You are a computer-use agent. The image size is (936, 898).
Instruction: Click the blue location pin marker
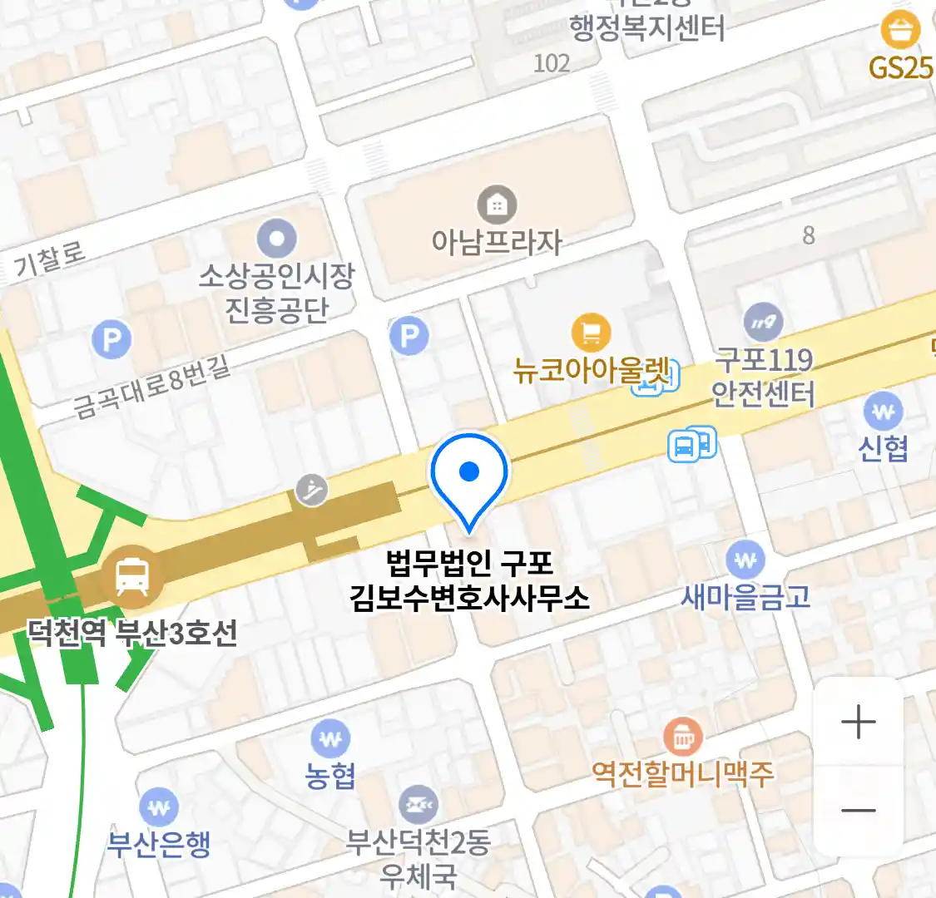[469, 474]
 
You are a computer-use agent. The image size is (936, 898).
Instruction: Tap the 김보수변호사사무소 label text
[469, 597]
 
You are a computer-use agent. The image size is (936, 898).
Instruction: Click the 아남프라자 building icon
[497, 205]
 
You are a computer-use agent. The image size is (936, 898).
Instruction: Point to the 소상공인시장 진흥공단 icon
[276, 239]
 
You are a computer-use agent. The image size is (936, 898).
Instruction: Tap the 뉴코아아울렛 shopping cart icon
[591, 333]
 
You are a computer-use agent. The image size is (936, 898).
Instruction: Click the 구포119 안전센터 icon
[762, 323]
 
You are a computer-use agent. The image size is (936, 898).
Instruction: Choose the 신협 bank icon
[883, 411]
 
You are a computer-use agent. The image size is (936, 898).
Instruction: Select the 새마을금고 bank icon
[745, 560]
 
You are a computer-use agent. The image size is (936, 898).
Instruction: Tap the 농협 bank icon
[330, 738]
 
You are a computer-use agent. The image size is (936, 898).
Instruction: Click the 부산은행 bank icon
[158, 807]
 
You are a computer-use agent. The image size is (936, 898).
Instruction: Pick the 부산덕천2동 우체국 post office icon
[418, 805]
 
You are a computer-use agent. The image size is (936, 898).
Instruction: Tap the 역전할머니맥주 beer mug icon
[682, 737]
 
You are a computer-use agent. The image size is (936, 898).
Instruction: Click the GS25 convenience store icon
[900, 31]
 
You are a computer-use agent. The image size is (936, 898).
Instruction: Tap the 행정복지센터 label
[647, 29]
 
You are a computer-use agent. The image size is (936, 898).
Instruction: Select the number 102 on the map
[552, 63]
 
